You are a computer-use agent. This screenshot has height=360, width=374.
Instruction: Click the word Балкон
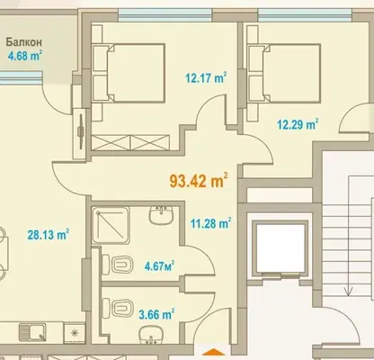pos(24,42)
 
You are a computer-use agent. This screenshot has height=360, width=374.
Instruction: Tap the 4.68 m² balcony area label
pos(24,56)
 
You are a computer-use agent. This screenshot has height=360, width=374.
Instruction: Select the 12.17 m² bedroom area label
pos(206,78)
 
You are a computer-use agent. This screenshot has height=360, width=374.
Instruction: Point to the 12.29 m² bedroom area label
pos(298,124)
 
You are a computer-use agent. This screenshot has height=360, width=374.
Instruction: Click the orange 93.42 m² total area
pos(199,181)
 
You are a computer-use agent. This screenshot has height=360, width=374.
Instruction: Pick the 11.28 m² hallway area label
pos(210,223)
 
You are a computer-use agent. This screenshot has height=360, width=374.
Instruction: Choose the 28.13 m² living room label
pos(49,235)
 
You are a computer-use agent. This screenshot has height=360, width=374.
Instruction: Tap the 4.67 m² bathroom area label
pos(159,266)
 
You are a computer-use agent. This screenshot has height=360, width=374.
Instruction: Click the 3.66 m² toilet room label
pos(156,314)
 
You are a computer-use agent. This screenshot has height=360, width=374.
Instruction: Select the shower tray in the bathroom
pos(111,225)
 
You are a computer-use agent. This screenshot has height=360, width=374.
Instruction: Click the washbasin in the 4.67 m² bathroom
pos(162,215)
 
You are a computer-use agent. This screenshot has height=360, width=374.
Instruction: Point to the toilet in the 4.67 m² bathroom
pos(118,265)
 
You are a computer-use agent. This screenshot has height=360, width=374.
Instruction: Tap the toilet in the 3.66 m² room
pos(118,308)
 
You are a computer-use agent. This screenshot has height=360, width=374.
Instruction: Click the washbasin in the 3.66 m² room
pos(152,335)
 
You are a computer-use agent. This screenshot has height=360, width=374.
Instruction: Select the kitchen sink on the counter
pos(32,332)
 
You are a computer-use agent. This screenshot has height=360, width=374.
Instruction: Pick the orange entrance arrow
pos(213,352)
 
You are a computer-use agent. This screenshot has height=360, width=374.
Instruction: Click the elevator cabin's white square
pos(280,247)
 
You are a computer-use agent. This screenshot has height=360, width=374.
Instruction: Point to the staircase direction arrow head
pos(348,291)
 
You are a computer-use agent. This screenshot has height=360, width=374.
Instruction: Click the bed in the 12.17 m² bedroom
pos(129,73)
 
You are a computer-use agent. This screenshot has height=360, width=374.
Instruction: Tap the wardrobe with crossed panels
pos(130,142)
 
